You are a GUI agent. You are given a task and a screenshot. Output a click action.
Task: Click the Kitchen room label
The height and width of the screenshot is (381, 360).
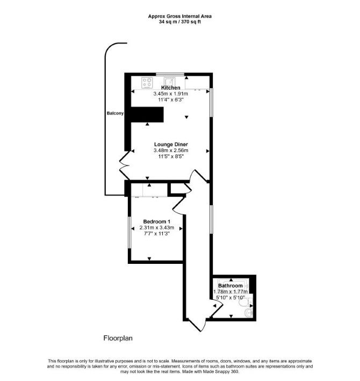171,88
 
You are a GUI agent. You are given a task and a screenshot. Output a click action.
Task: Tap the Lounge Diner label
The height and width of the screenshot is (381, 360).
171,145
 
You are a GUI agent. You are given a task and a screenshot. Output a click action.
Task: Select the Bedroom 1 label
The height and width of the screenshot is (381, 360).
157,221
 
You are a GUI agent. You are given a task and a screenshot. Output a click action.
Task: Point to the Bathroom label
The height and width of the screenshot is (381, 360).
231,285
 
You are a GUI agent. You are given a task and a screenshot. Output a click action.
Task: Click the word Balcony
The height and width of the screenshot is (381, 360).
115,113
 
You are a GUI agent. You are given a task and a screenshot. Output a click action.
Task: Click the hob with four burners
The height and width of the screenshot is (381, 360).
147,83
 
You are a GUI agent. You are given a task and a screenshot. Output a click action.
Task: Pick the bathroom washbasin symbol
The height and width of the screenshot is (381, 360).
249,313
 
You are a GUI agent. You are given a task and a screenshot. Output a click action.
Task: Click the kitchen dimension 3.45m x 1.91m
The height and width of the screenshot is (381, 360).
170,94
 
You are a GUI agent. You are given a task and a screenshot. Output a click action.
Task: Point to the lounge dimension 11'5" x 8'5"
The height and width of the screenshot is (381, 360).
171,156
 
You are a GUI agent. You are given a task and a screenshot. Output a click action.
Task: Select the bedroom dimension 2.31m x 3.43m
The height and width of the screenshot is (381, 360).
157,228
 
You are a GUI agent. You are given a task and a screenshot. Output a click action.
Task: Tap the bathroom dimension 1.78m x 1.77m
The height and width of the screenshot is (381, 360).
231,292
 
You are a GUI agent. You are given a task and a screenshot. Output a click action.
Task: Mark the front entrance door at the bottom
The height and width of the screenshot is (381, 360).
197,325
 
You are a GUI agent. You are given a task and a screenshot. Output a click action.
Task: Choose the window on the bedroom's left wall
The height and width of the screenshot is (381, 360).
129,233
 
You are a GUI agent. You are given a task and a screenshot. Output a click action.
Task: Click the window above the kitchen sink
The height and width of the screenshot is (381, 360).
170,74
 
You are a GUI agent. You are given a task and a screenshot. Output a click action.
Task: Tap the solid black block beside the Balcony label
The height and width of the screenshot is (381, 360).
147,114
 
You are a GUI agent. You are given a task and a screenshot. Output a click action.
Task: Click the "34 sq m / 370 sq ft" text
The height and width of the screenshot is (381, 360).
180,21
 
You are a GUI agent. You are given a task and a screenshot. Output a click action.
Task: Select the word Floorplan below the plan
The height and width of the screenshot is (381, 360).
118,338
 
